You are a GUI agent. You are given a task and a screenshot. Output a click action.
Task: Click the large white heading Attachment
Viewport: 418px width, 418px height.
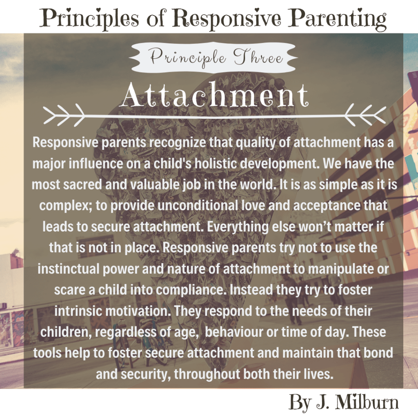click(215, 96)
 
